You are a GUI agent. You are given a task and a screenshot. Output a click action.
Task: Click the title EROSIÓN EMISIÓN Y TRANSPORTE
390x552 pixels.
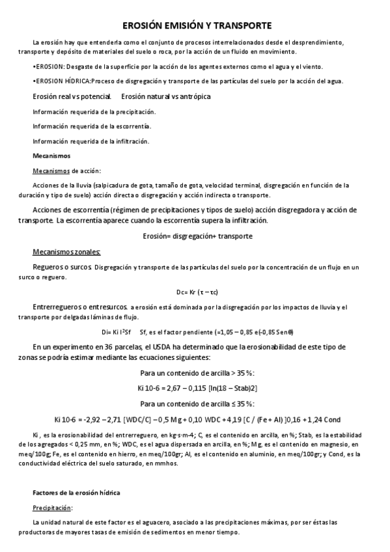[x=197, y=25]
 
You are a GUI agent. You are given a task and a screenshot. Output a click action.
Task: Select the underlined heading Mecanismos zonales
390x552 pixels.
[x=67, y=251]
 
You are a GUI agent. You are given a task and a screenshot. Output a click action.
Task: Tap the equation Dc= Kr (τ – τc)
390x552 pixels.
[x=197, y=291]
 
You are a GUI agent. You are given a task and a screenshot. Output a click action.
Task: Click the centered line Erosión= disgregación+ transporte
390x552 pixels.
[x=197, y=236]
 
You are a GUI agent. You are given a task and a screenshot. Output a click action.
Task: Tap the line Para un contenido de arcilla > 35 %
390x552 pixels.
[x=197, y=373]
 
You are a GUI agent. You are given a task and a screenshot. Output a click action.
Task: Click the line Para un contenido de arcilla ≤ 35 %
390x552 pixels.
[x=197, y=404]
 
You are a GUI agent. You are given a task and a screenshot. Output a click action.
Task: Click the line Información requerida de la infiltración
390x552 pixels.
[x=91, y=141]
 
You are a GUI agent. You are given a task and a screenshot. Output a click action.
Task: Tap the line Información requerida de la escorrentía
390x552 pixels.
[x=91, y=126]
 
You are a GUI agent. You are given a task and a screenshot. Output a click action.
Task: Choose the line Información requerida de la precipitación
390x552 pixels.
[x=94, y=111]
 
